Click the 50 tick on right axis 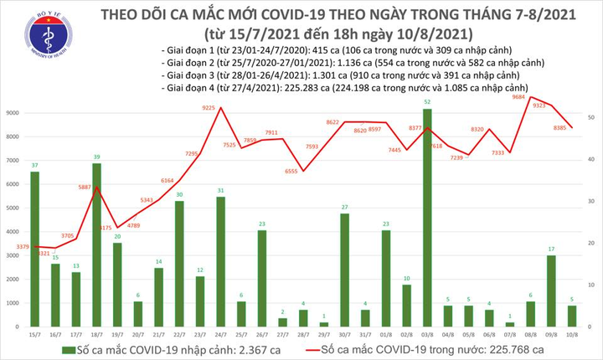click(592, 118)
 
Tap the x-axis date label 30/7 click(344, 333)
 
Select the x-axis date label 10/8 click(572, 333)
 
